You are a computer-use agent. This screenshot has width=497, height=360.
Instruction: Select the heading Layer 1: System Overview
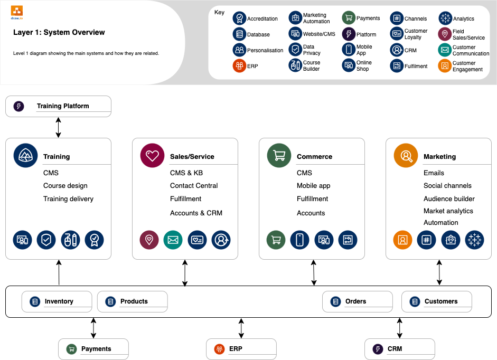click(x=59, y=33)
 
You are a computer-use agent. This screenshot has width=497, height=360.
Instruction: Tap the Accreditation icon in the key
click(x=239, y=18)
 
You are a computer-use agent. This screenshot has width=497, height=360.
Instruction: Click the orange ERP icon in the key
click(x=239, y=66)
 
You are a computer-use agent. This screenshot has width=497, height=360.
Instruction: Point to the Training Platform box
click(x=58, y=106)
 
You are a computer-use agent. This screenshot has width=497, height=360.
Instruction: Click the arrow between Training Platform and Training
click(x=58, y=127)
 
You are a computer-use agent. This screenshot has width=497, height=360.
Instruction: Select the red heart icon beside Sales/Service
click(x=152, y=156)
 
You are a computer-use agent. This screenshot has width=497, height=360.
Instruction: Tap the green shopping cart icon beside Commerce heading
click(x=279, y=156)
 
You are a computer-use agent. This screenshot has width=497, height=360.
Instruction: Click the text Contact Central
click(x=194, y=186)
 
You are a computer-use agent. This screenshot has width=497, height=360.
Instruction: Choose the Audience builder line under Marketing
click(x=449, y=199)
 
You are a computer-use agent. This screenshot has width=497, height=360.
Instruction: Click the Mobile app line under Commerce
click(x=314, y=186)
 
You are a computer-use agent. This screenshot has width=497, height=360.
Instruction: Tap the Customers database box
click(x=437, y=301)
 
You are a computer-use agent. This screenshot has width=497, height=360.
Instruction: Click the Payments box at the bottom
click(x=93, y=349)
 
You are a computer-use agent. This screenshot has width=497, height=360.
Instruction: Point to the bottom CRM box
click(x=400, y=349)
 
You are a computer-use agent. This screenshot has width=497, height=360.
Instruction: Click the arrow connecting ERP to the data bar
click(x=241, y=328)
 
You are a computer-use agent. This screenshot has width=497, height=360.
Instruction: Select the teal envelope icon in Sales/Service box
click(x=173, y=240)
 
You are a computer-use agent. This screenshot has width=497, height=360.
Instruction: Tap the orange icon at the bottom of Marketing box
click(x=402, y=240)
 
